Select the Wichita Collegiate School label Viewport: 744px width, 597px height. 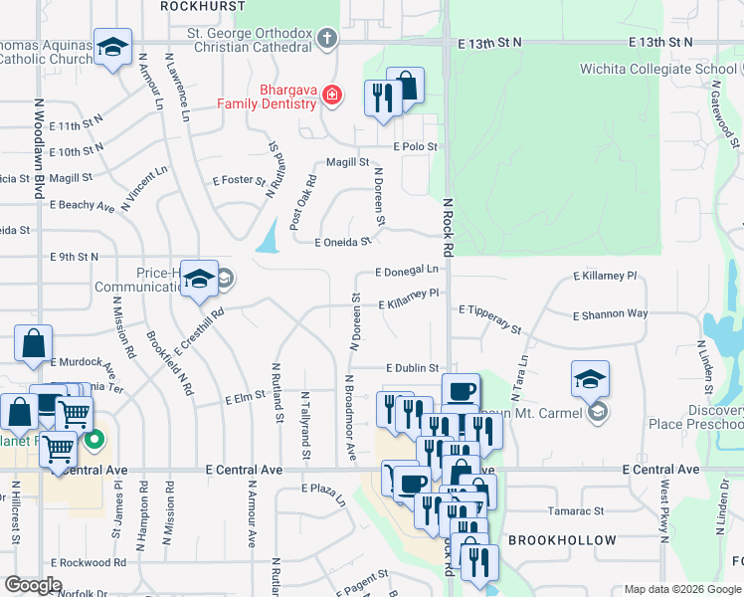(660, 69)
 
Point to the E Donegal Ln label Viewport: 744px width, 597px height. (407, 270)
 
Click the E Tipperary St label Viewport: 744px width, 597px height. (490, 317)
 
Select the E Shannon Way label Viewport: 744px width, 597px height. (610, 314)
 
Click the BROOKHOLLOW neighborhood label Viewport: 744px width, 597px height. (550, 540)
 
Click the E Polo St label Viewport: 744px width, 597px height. (415, 146)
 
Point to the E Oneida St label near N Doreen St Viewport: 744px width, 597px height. (342, 242)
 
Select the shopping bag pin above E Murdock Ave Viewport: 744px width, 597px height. (33, 344)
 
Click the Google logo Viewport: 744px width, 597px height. (33, 585)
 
